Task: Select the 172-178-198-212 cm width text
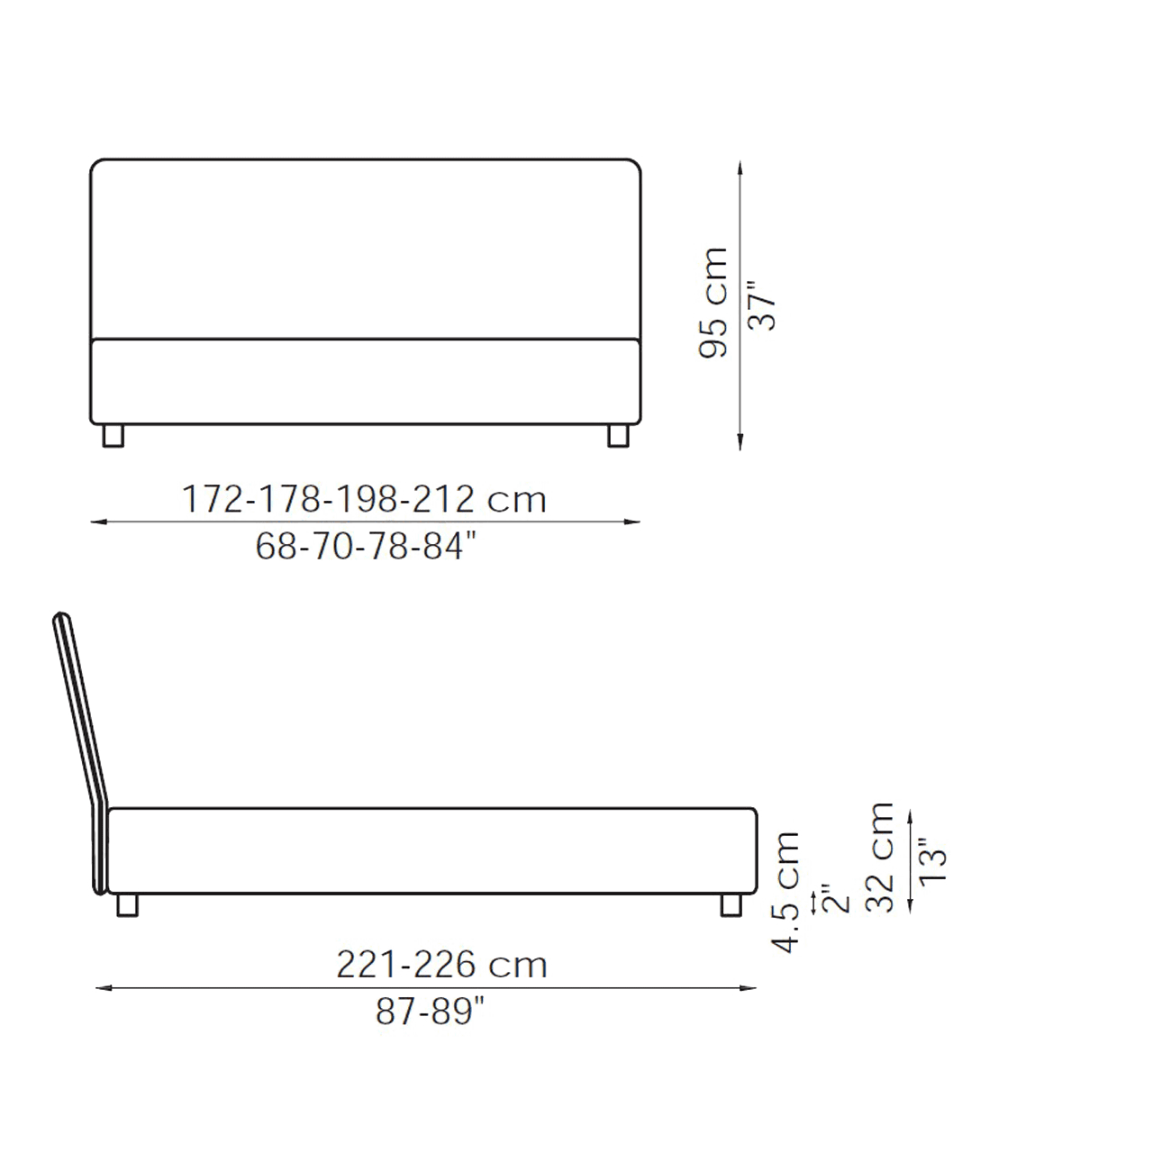coord(366,500)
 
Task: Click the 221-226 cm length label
coord(442,965)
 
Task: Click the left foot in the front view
coord(113,435)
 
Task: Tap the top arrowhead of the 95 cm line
coord(740,168)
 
